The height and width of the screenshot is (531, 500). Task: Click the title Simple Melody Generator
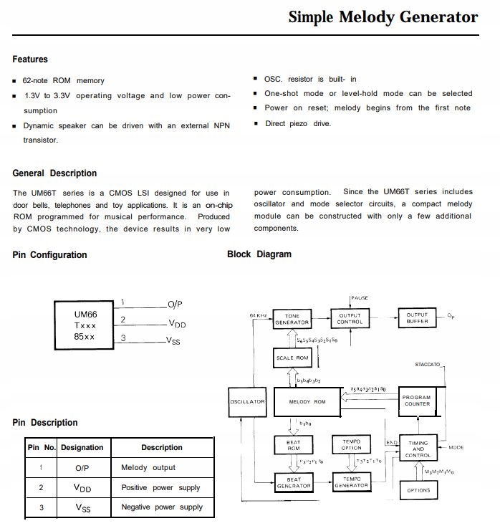(x=383, y=17)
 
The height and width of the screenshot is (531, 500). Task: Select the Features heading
(x=30, y=59)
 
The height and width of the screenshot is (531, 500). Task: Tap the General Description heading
(x=54, y=173)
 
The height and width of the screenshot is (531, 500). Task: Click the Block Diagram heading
(x=259, y=254)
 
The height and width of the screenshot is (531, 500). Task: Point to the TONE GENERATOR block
(x=292, y=318)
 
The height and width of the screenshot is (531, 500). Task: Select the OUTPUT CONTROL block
(x=350, y=318)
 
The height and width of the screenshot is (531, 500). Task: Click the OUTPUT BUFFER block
(x=417, y=318)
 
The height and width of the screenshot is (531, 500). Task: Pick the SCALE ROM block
(x=292, y=358)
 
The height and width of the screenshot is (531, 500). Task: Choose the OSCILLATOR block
(x=248, y=402)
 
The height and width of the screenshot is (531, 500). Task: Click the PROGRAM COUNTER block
(x=416, y=401)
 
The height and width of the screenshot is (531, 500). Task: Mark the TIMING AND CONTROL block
(x=418, y=449)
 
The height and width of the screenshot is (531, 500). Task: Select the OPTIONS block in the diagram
(x=418, y=490)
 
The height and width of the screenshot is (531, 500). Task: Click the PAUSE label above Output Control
(x=360, y=297)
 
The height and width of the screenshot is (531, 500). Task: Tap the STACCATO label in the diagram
(x=428, y=365)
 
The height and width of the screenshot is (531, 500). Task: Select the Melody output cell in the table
(x=148, y=468)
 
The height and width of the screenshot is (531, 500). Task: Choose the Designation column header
(x=82, y=448)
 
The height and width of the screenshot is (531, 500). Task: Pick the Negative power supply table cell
(x=162, y=507)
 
